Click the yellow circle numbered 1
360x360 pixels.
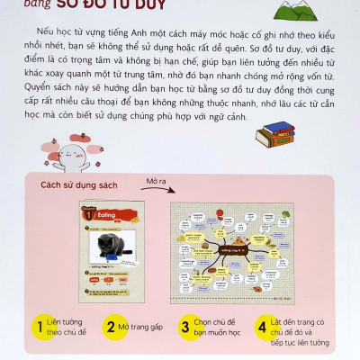click(x=39, y=326)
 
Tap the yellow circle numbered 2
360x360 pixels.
click(x=112, y=326)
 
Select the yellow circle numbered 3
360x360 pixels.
click(x=185, y=326)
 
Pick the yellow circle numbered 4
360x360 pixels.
click(x=262, y=326)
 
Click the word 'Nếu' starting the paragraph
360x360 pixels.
click(x=37, y=32)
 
